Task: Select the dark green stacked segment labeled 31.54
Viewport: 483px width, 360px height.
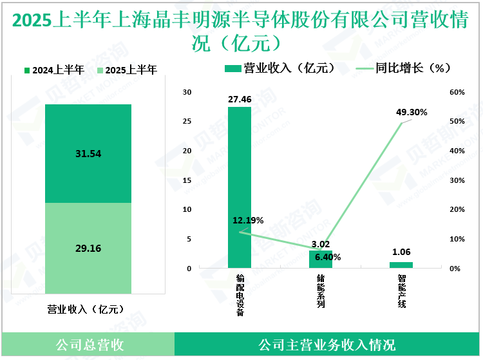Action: click(88, 153)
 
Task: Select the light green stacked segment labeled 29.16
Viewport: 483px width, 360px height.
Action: click(88, 248)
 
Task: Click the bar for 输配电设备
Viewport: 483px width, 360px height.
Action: click(240, 187)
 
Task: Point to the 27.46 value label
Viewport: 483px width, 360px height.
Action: click(240, 100)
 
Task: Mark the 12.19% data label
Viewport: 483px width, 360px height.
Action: click(248, 220)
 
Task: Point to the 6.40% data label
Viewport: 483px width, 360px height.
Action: click(328, 257)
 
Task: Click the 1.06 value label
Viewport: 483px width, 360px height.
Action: click(401, 252)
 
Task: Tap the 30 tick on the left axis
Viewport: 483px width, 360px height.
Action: click(187, 93)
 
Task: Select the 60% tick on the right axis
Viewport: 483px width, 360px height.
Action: click(457, 93)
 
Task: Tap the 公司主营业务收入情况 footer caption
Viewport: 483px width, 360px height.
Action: click(327, 345)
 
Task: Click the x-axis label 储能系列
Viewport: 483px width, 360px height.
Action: click(321, 292)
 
